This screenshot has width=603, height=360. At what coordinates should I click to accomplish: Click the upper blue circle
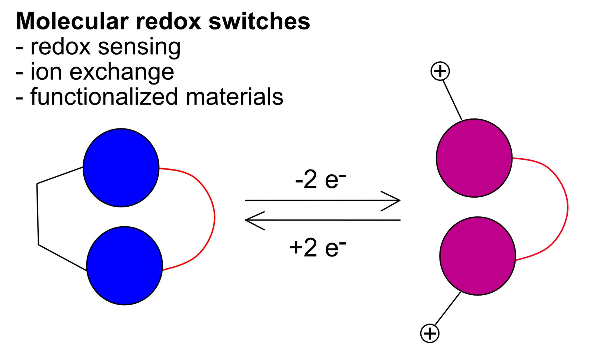(121, 168)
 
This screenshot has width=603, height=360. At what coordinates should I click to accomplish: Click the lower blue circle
(125, 266)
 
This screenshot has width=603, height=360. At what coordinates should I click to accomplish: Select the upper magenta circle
(474, 158)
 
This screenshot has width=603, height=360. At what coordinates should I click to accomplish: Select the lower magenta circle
(478, 256)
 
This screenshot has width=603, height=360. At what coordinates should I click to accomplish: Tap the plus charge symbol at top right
(440, 71)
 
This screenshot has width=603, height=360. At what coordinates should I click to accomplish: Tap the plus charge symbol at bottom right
(430, 333)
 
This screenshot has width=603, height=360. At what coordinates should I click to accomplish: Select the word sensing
(139, 47)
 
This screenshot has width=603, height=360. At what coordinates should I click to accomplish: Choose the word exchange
(122, 73)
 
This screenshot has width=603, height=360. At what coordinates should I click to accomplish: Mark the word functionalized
(104, 96)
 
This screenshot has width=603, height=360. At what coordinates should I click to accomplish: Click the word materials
(234, 96)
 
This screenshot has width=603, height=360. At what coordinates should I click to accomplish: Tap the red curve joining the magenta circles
(568, 207)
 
